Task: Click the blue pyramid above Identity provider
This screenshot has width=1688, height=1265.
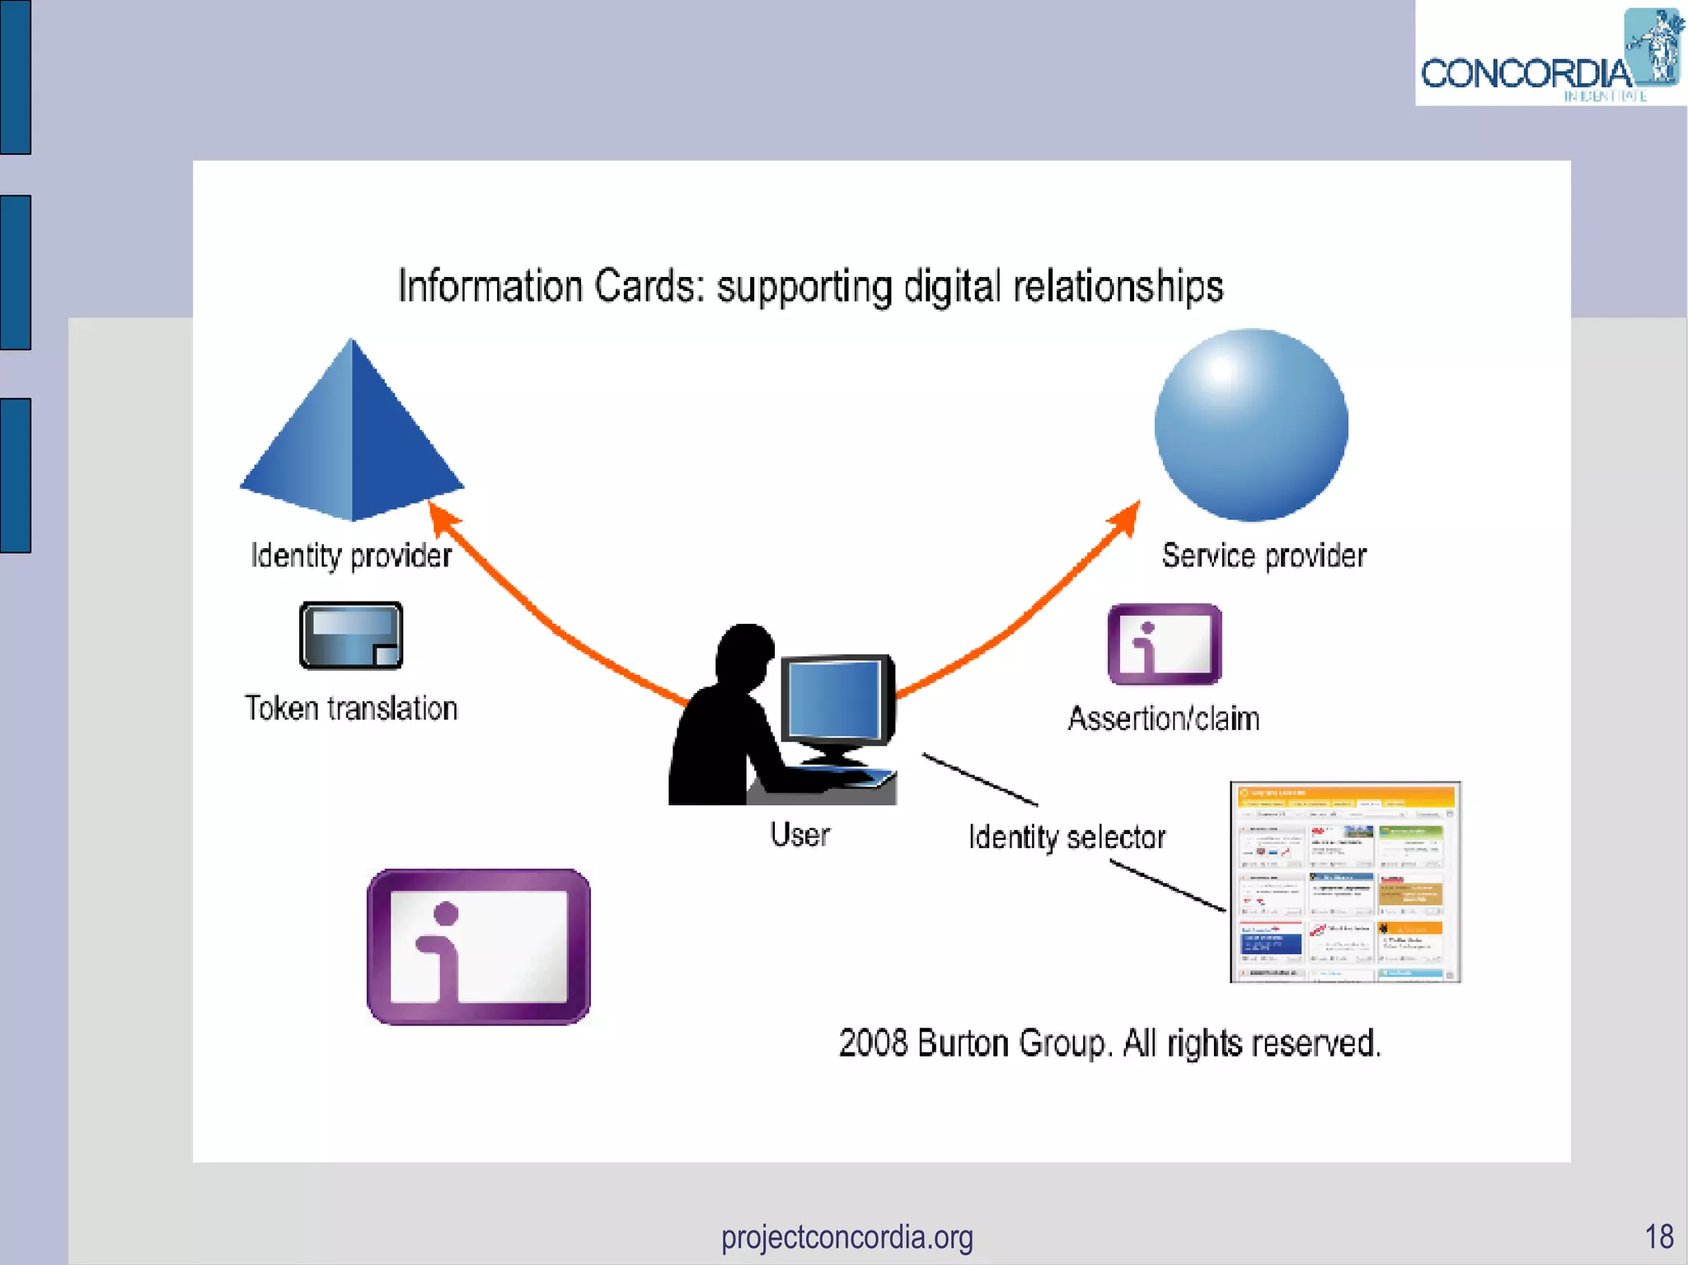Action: click(x=352, y=437)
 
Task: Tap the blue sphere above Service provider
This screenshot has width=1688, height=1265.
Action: click(x=1251, y=424)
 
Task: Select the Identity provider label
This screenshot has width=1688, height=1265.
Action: click(x=351, y=555)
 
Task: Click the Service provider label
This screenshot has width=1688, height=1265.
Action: click(x=1264, y=555)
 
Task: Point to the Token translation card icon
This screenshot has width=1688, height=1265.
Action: click(x=351, y=635)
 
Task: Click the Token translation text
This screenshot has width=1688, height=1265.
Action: click(x=351, y=709)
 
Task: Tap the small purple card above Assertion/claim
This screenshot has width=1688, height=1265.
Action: click(x=1165, y=644)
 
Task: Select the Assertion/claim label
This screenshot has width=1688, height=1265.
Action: click(x=1164, y=719)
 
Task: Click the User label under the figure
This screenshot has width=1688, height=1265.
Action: click(x=799, y=834)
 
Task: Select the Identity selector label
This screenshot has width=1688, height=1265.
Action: click(x=1067, y=837)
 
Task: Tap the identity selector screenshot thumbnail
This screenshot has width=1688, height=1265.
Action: click(x=1345, y=882)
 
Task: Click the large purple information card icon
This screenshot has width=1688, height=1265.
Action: click(x=478, y=947)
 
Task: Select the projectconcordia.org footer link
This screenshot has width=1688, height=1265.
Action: click(x=846, y=1237)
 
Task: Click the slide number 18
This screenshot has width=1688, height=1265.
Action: click(x=1658, y=1237)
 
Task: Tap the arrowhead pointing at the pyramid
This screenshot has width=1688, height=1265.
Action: click(x=443, y=518)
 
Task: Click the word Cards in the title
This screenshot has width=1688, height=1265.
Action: click(x=649, y=287)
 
